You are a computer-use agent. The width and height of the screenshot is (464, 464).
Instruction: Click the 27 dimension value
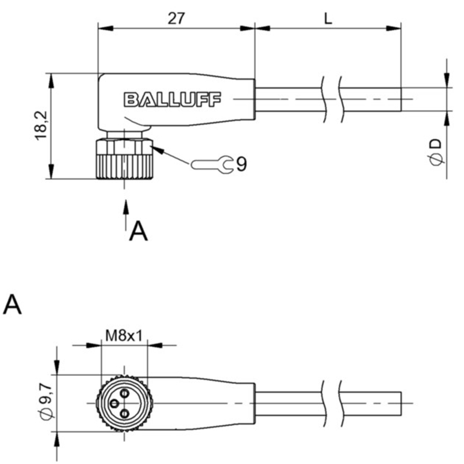[176, 19]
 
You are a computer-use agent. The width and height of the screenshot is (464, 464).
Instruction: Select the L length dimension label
[328, 19]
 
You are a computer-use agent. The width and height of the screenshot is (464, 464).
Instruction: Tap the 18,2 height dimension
[41, 125]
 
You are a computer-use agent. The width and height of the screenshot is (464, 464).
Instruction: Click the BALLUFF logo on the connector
[172, 99]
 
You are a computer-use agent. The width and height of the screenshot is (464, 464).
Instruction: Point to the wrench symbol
[212, 164]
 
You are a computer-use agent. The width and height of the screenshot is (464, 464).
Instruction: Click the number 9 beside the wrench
[241, 164]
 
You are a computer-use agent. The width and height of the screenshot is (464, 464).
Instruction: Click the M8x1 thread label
[124, 336]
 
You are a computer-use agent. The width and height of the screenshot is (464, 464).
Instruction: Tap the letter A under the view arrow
[138, 231]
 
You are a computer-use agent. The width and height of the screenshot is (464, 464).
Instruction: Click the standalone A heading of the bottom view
[12, 304]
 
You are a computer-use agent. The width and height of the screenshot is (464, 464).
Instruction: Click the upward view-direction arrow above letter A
[126, 215]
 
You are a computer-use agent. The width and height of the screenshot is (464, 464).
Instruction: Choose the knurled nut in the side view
[125, 159]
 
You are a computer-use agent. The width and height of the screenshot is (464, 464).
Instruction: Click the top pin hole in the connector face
[125, 393]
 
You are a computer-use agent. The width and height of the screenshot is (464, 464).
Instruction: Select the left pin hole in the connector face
[114, 403]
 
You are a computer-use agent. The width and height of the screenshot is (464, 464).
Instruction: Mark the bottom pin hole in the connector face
[125, 413]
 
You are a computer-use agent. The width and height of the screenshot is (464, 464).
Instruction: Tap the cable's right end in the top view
[401, 99]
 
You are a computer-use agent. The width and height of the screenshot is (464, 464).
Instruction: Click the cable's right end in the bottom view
[401, 404]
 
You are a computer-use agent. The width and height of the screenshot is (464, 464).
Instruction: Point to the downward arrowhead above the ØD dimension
[447, 80]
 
